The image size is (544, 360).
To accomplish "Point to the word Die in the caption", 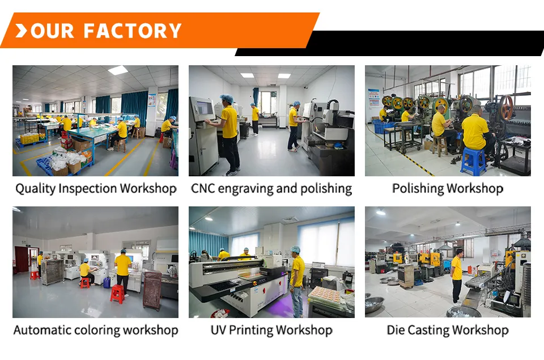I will tap(396, 330).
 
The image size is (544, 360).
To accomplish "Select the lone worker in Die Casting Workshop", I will tap(457, 278).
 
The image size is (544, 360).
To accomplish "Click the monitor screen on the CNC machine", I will tap(204, 108).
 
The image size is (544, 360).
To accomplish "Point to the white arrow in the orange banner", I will tap(21, 31).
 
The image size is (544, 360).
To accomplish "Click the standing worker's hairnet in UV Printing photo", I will tap(295, 249).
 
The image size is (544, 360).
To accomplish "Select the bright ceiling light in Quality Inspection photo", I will tap(118, 70).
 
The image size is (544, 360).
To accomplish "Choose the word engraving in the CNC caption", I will tap(245, 189).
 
